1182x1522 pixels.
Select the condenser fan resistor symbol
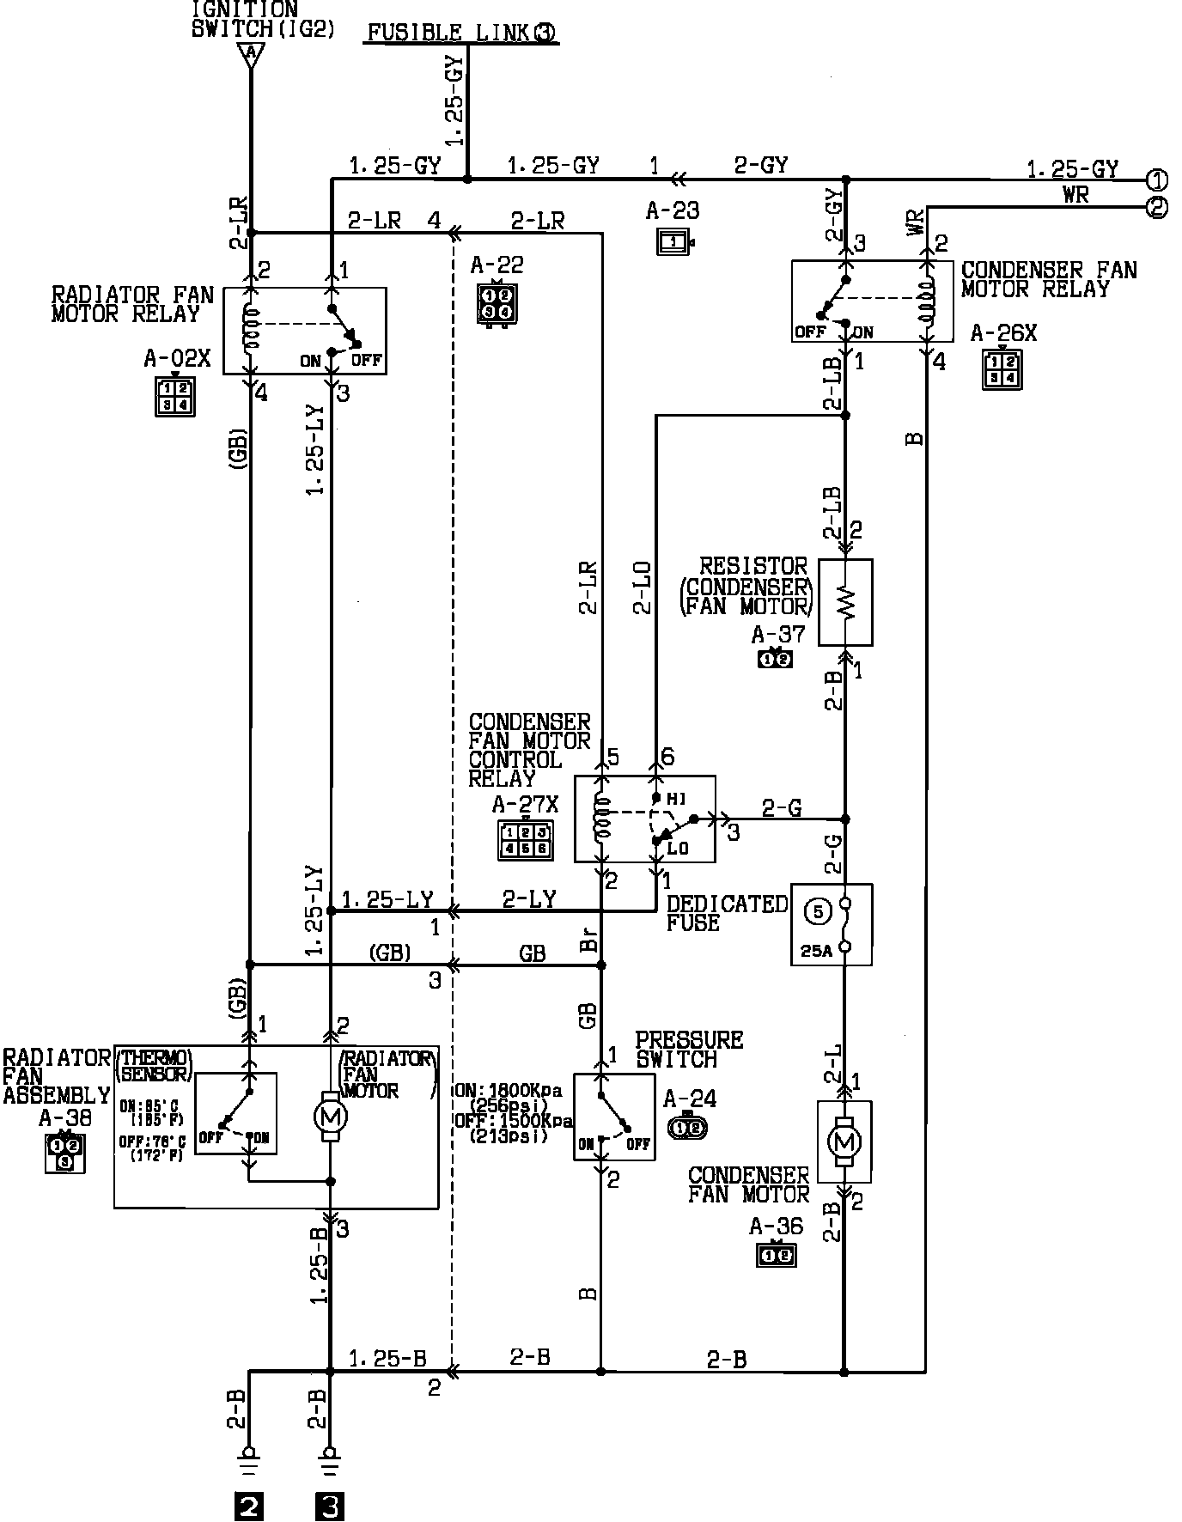(845, 602)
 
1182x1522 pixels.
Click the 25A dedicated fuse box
(831, 924)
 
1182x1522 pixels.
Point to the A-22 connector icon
(497, 302)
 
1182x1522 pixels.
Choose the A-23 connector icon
(673, 242)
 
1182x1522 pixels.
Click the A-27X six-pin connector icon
(524, 839)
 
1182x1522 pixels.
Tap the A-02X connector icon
(175, 396)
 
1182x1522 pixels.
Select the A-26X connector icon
(1002, 369)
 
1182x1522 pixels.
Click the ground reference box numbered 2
(248, 1507)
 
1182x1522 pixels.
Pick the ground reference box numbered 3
(330, 1507)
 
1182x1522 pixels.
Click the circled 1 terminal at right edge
(1157, 180)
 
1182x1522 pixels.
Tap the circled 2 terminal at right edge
(1157, 207)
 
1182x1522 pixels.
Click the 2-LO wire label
(642, 587)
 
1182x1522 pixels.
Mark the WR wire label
(1075, 195)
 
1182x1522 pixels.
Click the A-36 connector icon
(776, 1255)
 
